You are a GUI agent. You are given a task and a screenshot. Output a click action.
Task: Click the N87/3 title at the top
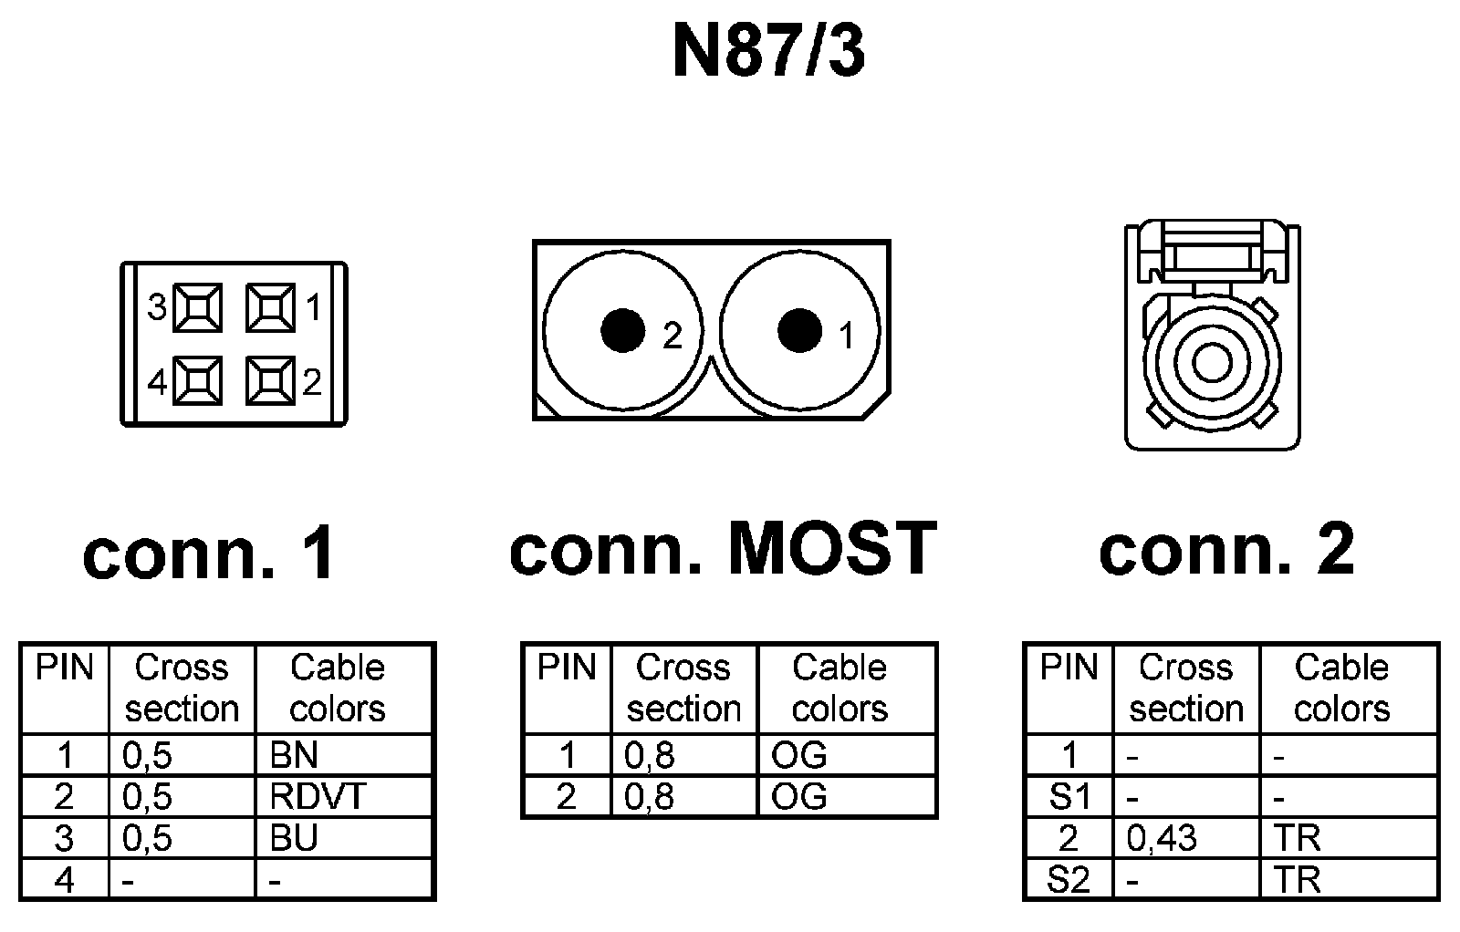tap(767, 52)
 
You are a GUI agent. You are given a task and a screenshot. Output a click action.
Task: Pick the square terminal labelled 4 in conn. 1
tap(198, 380)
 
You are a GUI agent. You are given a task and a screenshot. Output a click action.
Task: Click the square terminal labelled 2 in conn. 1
tap(270, 380)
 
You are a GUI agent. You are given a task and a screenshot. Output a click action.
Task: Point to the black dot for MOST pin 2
tap(623, 330)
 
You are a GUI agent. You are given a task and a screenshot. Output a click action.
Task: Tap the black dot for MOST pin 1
tap(799, 330)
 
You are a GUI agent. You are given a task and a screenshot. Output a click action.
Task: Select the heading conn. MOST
tap(723, 549)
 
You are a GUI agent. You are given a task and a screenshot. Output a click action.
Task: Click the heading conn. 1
tap(209, 554)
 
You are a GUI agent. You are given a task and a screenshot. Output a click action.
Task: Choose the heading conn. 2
tap(1226, 549)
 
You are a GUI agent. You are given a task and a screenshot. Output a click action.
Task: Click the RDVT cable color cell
tap(317, 796)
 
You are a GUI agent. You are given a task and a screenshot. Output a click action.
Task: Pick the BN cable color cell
tap(294, 755)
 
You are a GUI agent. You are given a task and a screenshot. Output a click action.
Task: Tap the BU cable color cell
tap(294, 838)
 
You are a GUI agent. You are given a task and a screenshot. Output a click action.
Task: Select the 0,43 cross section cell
tap(1162, 838)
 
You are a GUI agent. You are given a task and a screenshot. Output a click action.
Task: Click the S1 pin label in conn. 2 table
tap(1069, 797)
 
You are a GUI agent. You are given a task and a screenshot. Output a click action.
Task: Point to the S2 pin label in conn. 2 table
tap(1069, 880)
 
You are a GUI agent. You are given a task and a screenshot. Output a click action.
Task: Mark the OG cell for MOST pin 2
tap(798, 796)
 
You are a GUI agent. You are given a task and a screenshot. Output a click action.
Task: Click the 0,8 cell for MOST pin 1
tap(649, 755)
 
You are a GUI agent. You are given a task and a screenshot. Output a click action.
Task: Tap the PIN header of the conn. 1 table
tap(64, 668)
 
